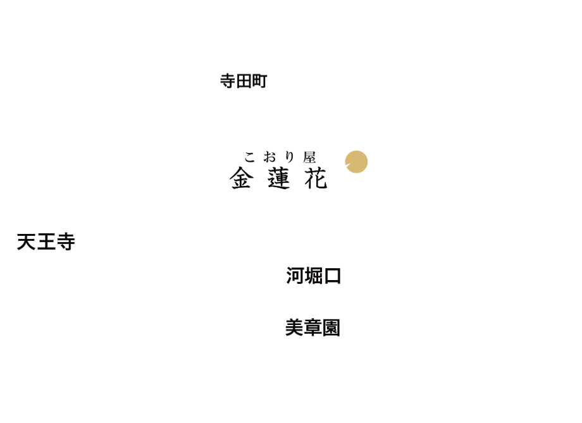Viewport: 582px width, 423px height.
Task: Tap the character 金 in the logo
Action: (241, 178)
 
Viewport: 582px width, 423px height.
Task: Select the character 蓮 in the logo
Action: (278, 178)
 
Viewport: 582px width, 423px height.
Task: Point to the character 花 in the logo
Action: (316, 178)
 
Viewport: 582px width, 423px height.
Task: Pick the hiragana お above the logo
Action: (269, 157)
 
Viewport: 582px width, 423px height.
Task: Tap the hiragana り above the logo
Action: (289, 157)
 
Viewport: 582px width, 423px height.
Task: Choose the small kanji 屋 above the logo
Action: (309, 157)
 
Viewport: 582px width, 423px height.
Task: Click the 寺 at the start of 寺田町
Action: (228, 81)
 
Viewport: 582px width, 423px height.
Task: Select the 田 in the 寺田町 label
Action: (244, 81)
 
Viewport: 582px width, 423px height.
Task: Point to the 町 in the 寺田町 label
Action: (259, 81)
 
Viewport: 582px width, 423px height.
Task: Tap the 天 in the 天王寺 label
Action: (26, 242)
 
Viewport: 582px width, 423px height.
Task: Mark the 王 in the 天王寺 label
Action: (46, 242)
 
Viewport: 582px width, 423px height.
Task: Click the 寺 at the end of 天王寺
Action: (65, 242)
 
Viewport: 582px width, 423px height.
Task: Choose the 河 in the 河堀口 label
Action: (295, 276)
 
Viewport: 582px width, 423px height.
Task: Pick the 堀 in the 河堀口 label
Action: (314, 276)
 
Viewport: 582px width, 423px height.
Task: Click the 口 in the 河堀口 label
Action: (332, 276)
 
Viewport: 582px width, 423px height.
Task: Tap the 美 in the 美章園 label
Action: (294, 328)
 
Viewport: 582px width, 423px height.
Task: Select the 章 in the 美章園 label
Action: (313, 328)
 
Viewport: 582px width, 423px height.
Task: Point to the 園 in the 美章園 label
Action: (331, 328)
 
